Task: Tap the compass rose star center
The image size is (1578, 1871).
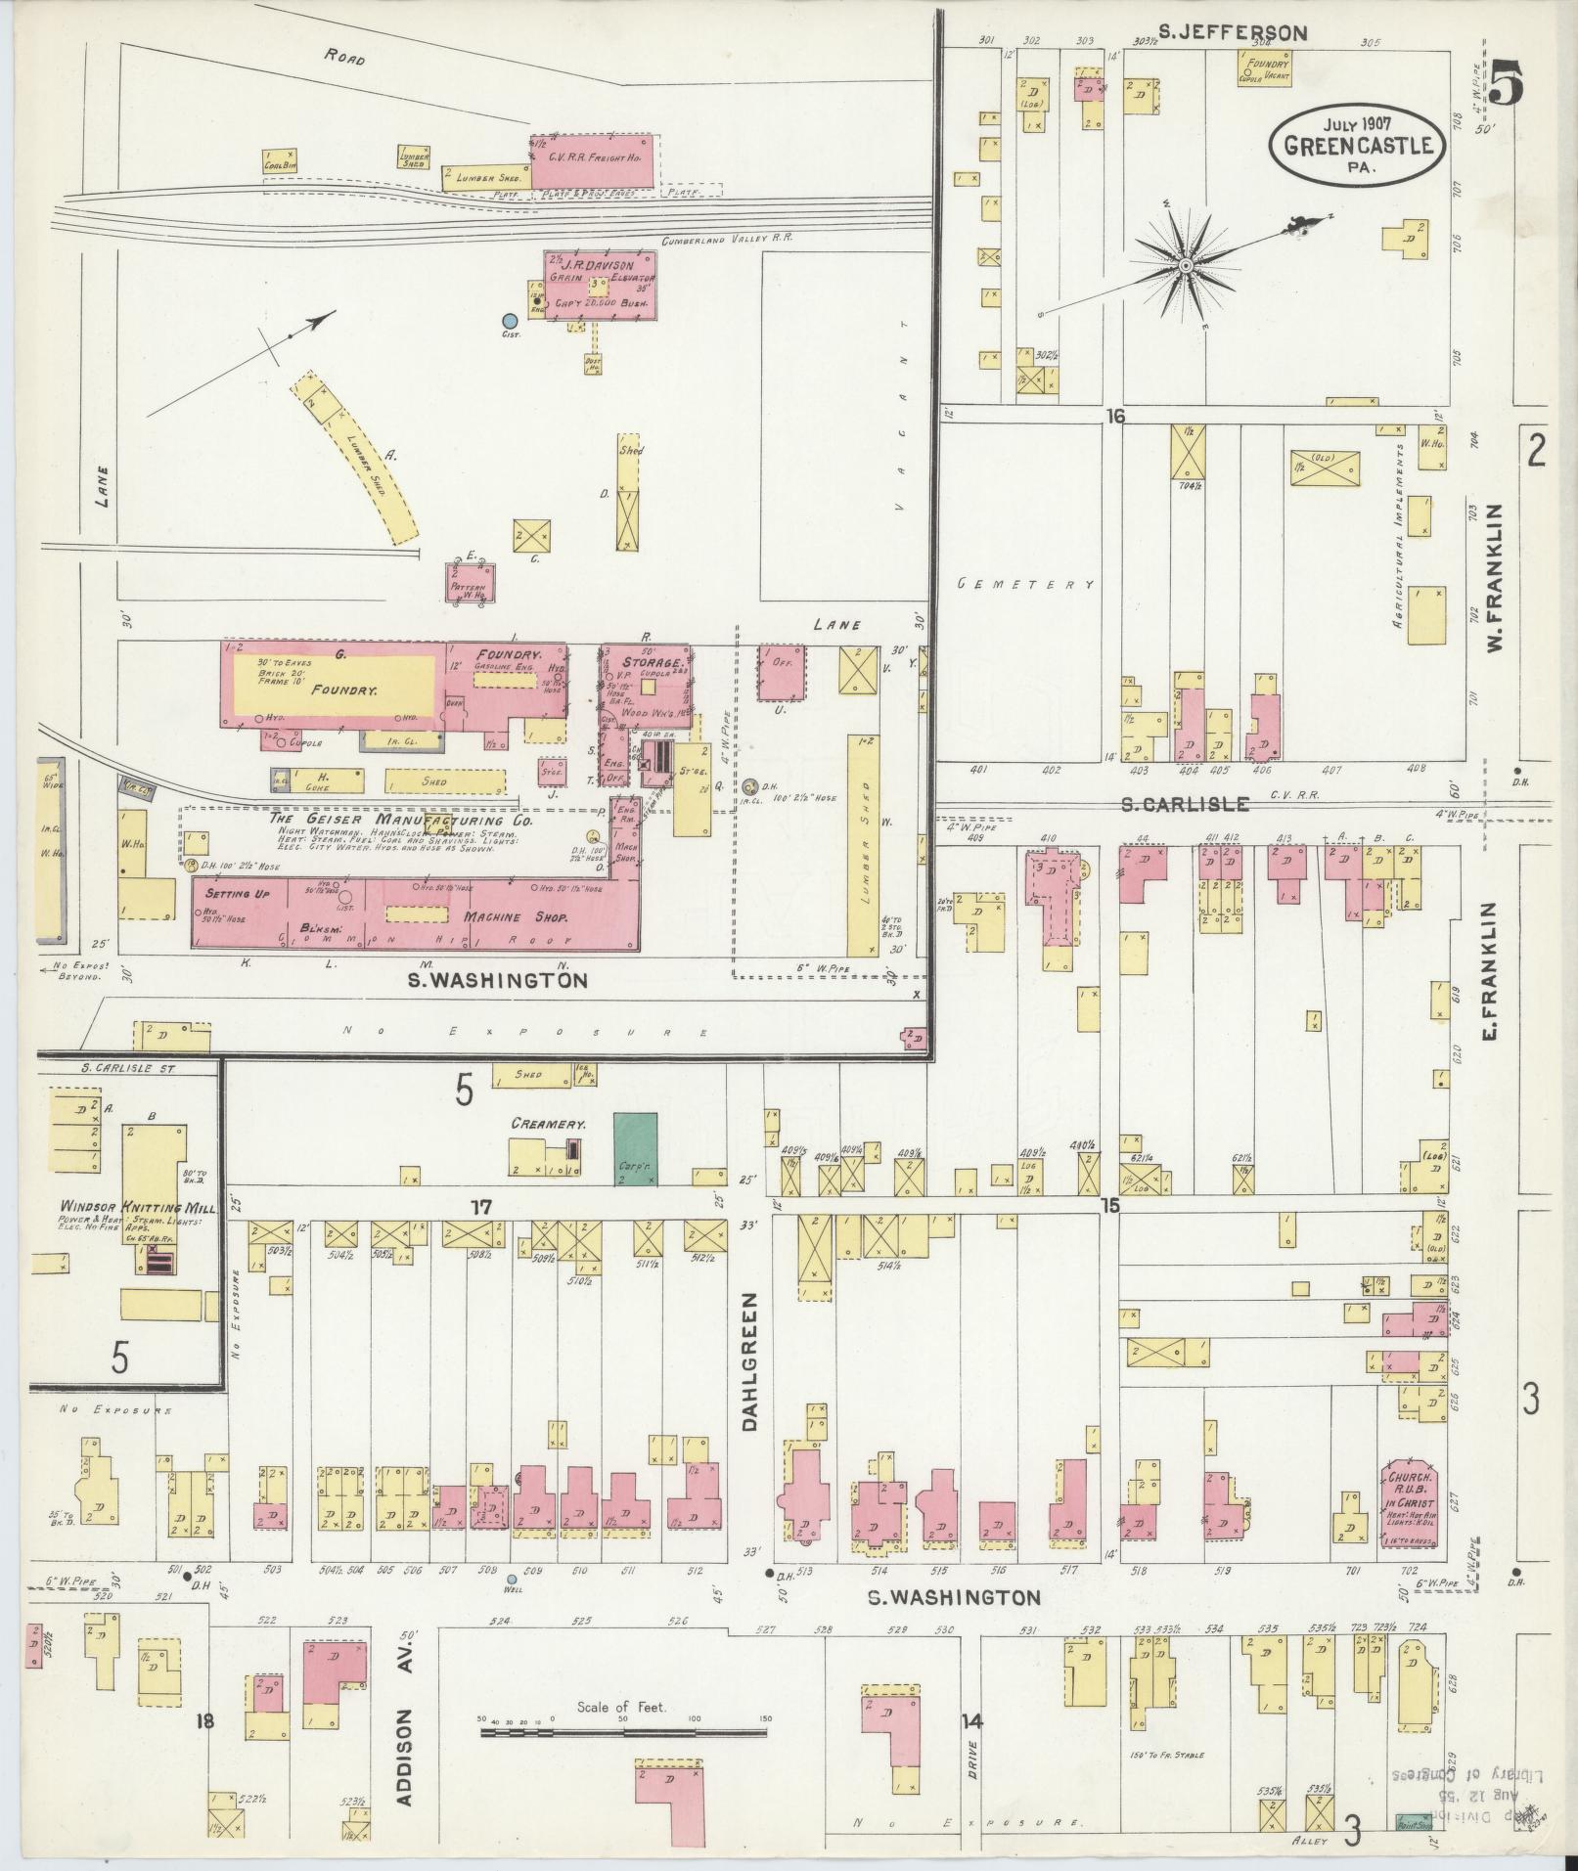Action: [x=1186, y=265]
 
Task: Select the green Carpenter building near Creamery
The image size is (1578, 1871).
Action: [x=636, y=1148]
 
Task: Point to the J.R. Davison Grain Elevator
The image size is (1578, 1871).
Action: [x=600, y=284]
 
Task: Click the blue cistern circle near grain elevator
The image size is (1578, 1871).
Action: [x=508, y=320]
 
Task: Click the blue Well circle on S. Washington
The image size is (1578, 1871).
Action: [x=512, y=1606]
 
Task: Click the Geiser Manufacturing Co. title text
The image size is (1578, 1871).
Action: [x=401, y=821]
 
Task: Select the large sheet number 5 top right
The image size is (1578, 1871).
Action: [x=1508, y=82]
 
